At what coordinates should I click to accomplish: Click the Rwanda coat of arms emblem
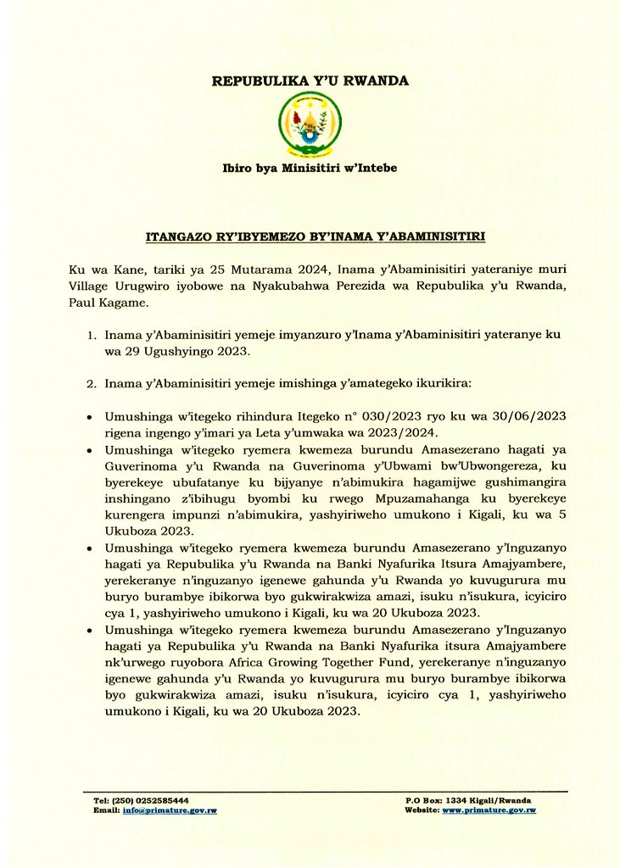click(x=310, y=125)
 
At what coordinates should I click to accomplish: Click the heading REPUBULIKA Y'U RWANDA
click(x=310, y=81)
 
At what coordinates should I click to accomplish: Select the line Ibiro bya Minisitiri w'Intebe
click(x=310, y=168)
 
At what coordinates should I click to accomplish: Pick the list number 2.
click(x=94, y=383)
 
